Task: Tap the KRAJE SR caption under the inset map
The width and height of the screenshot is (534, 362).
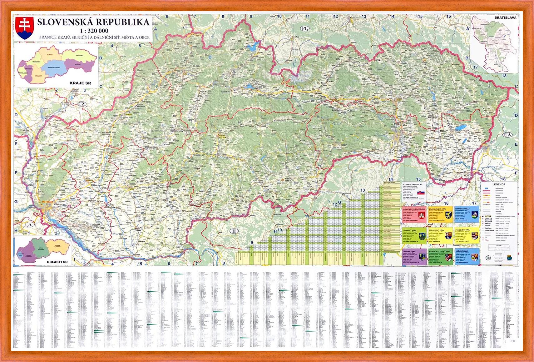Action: tap(80, 83)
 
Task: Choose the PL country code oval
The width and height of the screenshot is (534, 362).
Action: tap(305, 28)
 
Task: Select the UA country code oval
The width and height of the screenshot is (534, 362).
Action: tap(507, 135)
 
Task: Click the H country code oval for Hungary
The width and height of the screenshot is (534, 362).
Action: tap(234, 231)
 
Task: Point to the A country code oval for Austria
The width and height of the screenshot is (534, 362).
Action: tap(30, 224)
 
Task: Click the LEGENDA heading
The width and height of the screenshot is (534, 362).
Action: tap(499, 184)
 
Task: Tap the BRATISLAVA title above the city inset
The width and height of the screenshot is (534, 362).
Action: tap(505, 18)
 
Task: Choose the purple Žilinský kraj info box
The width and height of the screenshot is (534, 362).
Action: tap(414, 257)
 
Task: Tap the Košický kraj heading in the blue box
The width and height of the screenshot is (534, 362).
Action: tap(462, 251)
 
